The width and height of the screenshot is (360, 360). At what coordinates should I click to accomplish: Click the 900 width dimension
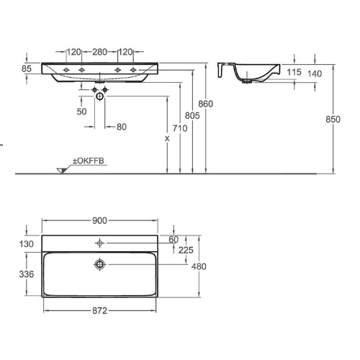click(x=99, y=220)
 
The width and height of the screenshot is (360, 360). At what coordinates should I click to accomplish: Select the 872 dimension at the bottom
click(x=99, y=310)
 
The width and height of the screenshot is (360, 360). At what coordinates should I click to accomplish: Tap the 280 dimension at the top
click(x=99, y=52)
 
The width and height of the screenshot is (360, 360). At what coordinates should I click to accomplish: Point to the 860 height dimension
click(x=206, y=104)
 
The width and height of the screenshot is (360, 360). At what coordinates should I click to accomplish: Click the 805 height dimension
click(x=192, y=117)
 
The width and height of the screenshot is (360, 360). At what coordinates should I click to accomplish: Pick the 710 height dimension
click(x=179, y=130)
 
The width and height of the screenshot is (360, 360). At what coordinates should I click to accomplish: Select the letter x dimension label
click(x=166, y=138)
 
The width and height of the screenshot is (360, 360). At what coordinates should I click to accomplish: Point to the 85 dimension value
click(x=27, y=69)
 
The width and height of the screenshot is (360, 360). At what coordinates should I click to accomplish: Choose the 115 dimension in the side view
click(x=294, y=73)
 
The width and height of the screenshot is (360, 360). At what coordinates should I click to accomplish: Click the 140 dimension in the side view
click(x=315, y=73)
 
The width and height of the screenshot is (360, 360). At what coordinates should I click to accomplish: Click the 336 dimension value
click(x=27, y=274)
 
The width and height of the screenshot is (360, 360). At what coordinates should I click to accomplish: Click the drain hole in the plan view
click(x=99, y=265)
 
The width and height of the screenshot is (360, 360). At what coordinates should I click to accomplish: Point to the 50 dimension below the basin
click(x=81, y=112)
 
